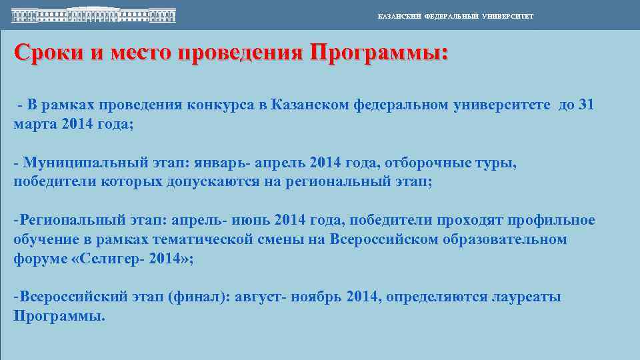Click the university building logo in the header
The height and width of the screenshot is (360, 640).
click(x=93, y=14)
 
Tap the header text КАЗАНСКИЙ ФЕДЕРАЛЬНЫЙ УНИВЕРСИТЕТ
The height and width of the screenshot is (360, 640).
click(x=455, y=16)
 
